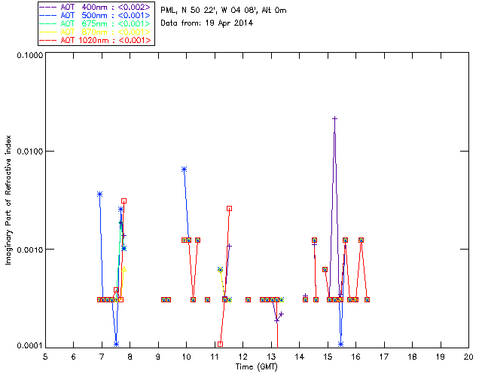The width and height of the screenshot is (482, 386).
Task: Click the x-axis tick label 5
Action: click(45, 357)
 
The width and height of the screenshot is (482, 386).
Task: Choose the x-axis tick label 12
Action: click(243, 357)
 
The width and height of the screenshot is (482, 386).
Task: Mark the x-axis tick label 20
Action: click(468, 357)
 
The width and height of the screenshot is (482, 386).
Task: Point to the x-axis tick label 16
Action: click(355, 357)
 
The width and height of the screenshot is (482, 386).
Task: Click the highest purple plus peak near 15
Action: click(334, 118)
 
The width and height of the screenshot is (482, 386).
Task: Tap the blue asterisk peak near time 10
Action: click(184, 170)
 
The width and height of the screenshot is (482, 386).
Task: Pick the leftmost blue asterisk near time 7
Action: click(99, 195)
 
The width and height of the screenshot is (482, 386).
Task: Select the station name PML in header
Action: click(169, 11)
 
